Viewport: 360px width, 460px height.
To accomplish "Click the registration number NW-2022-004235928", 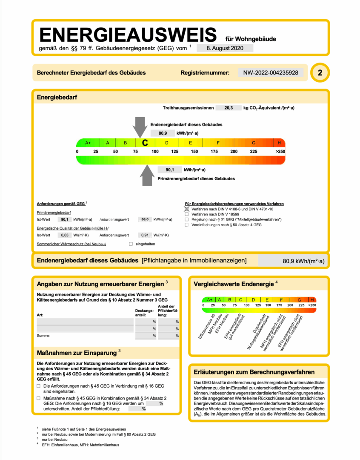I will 271,73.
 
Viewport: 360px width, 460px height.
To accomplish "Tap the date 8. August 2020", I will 225,48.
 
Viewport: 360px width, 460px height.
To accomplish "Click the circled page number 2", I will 320,73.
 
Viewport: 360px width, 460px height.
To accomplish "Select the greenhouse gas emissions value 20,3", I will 229,108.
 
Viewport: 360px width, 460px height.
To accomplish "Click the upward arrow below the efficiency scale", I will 147,175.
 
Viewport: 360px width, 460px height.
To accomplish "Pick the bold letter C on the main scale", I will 145,143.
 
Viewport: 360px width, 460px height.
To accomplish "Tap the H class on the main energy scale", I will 279,143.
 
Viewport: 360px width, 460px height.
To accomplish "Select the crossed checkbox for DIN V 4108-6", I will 186,209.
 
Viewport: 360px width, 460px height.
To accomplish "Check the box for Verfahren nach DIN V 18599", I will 186,214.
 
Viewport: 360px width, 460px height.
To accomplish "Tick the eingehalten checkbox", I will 131,244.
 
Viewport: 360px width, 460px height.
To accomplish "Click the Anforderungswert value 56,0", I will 145,219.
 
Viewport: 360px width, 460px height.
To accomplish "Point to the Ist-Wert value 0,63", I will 65,235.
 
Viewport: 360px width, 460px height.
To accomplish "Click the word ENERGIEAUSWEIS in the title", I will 128,34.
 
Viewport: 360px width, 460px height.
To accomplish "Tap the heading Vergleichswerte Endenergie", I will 233,284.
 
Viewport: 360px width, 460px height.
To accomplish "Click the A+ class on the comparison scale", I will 209,299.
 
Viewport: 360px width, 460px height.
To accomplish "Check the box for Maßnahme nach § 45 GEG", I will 39,398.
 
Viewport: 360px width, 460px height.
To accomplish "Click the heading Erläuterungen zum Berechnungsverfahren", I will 254,372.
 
